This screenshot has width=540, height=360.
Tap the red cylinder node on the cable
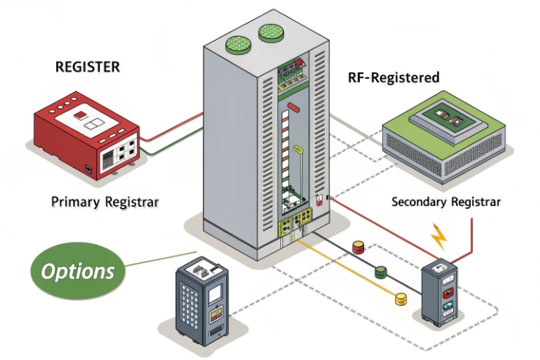358,248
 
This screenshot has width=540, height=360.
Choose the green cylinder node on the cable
380,273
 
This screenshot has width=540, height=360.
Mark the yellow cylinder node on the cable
400,299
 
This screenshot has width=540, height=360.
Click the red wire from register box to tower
172,126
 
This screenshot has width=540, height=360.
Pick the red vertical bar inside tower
293,109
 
